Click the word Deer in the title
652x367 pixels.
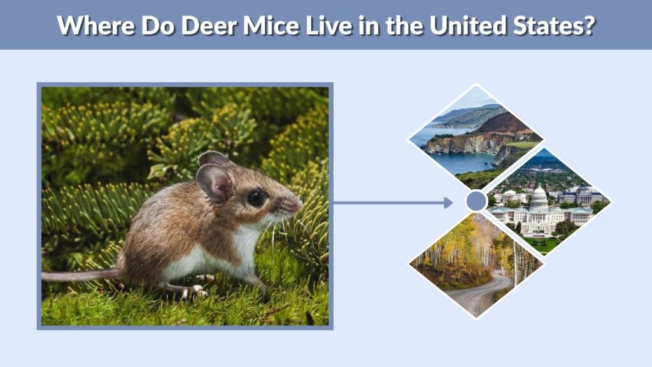(x=209, y=25)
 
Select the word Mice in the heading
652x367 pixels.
(x=271, y=25)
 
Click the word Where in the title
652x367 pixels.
(x=96, y=25)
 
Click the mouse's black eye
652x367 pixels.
(x=257, y=199)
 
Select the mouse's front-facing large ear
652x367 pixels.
(x=214, y=183)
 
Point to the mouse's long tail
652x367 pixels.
(x=81, y=275)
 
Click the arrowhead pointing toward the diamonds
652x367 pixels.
(x=448, y=203)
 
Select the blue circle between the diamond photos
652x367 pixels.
(x=476, y=201)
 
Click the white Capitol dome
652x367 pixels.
(x=539, y=198)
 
